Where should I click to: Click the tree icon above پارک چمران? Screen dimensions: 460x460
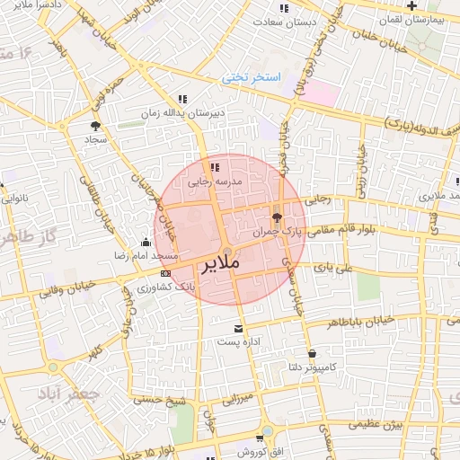pyautogui.click(x=276, y=217)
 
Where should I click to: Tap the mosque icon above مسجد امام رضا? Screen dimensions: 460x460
pyautogui.click(x=146, y=242)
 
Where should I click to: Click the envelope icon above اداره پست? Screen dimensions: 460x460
pyautogui.click(x=238, y=329)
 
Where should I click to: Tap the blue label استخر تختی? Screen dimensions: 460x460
pyautogui.click(x=252, y=78)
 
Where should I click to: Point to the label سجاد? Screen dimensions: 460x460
pyautogui.click(x=96, y=139)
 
